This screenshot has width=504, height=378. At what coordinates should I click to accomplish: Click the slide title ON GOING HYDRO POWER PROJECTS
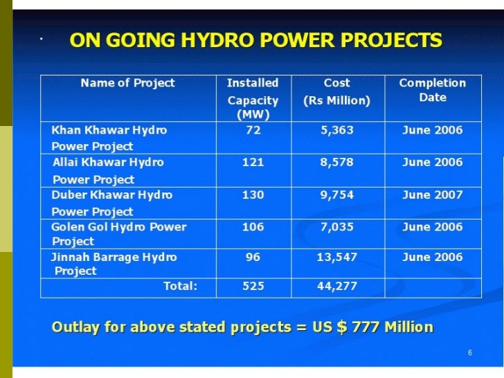255,41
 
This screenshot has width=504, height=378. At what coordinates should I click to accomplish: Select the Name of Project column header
127,83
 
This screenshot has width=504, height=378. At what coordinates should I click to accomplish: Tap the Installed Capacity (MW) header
253,98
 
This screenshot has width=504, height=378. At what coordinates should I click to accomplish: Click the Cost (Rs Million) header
336,91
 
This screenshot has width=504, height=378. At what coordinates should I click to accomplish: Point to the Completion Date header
432,90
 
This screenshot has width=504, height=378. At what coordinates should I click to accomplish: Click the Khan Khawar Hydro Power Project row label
109,138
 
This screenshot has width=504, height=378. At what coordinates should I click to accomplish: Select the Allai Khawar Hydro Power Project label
108,170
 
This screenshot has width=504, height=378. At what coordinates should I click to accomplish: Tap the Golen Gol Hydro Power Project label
118,233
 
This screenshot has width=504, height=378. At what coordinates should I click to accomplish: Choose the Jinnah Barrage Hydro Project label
114,264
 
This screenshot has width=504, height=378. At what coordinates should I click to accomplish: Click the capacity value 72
253,130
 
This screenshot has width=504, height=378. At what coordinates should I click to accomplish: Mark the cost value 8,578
336,163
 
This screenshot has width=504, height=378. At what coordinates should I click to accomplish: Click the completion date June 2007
432,195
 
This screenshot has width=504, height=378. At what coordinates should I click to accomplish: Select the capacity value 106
253,226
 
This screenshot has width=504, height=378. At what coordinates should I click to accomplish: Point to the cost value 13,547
336,257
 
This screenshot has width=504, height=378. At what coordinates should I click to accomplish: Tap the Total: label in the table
180,286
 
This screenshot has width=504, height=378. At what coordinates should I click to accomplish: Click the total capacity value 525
253,286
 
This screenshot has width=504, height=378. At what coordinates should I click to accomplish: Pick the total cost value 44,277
336,286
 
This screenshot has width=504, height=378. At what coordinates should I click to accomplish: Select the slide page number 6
469,354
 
